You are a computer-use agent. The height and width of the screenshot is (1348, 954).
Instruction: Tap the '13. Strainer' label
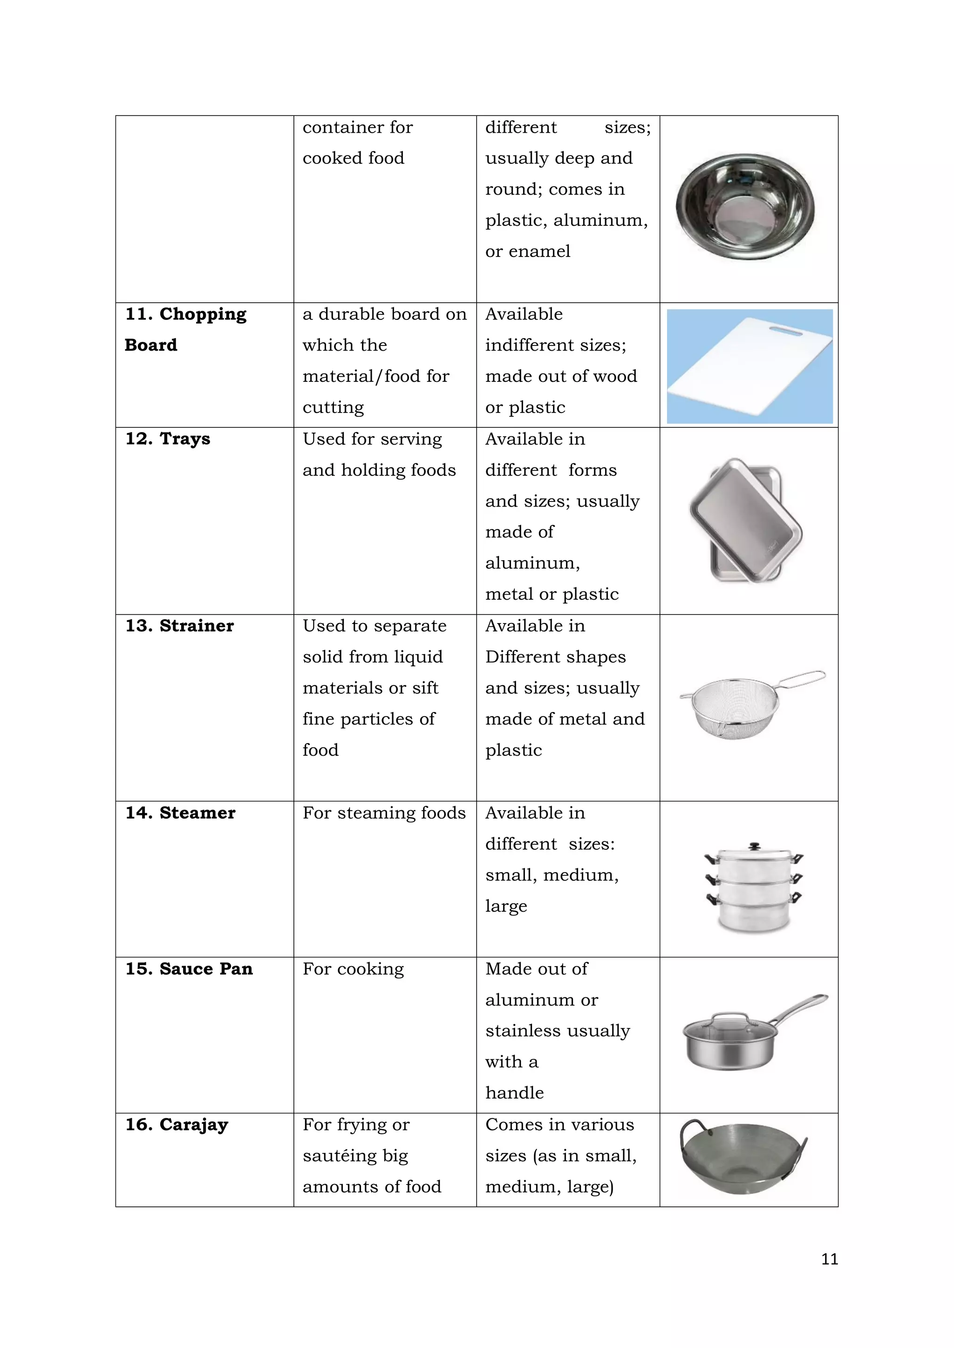179,626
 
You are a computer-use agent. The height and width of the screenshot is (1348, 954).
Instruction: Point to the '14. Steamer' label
180,813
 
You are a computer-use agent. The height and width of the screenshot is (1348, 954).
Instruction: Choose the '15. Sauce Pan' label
189,969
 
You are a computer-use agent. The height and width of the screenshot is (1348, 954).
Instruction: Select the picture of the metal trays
746,521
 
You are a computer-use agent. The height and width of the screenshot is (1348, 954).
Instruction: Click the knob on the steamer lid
754,846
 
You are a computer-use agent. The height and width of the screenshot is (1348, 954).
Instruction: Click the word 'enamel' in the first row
539,251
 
